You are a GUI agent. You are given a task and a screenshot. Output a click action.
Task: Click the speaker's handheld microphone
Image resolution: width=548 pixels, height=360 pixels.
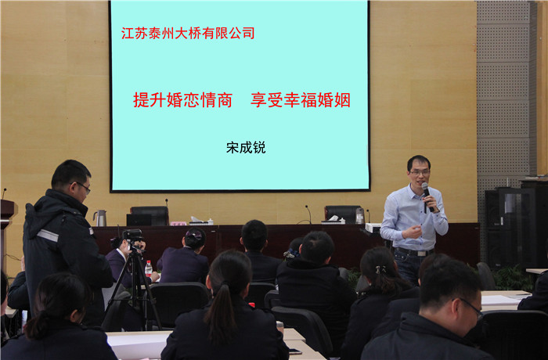(x=427, y=196)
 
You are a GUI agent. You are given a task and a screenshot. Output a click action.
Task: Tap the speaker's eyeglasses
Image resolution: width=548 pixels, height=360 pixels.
(x=420, y=172)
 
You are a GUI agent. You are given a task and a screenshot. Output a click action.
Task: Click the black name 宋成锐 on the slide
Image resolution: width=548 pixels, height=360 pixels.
(x=246, y=147)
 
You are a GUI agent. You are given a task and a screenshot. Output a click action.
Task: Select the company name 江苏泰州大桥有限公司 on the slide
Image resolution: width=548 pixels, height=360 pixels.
(x=188, y=33)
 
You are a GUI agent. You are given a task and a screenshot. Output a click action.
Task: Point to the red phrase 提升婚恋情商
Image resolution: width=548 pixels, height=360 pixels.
(x=182, y=100)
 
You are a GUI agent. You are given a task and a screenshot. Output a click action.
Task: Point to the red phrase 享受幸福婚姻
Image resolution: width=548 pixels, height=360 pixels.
(x=301, y=100)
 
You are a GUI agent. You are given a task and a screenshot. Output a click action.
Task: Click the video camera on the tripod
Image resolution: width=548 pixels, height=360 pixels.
(x=133, y=238)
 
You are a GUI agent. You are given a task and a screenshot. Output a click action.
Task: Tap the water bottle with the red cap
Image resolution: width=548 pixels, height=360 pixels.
(x=149, y=268)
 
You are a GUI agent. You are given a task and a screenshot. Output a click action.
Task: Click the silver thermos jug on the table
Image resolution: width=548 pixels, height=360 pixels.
(x=100, y=218)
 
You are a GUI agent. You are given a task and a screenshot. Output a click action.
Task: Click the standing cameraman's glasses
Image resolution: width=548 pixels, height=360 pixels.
(x=84, y=187)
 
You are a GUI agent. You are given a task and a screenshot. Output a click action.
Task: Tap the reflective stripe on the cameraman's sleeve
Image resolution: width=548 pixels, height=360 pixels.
(x=48, y=236)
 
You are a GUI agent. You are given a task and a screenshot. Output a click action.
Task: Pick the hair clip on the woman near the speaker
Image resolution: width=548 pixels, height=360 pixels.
(x=380, y=269)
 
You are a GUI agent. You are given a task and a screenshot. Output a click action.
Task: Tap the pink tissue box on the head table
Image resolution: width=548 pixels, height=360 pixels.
(x=178, y=223)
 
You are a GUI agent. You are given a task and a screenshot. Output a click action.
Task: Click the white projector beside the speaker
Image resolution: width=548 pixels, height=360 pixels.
(x=373, y=228)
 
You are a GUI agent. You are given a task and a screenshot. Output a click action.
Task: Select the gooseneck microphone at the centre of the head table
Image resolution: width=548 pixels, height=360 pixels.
(x=308, y=214)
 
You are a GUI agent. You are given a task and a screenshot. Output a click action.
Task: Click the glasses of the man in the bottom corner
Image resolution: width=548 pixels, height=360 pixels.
(x=470, y=308)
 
